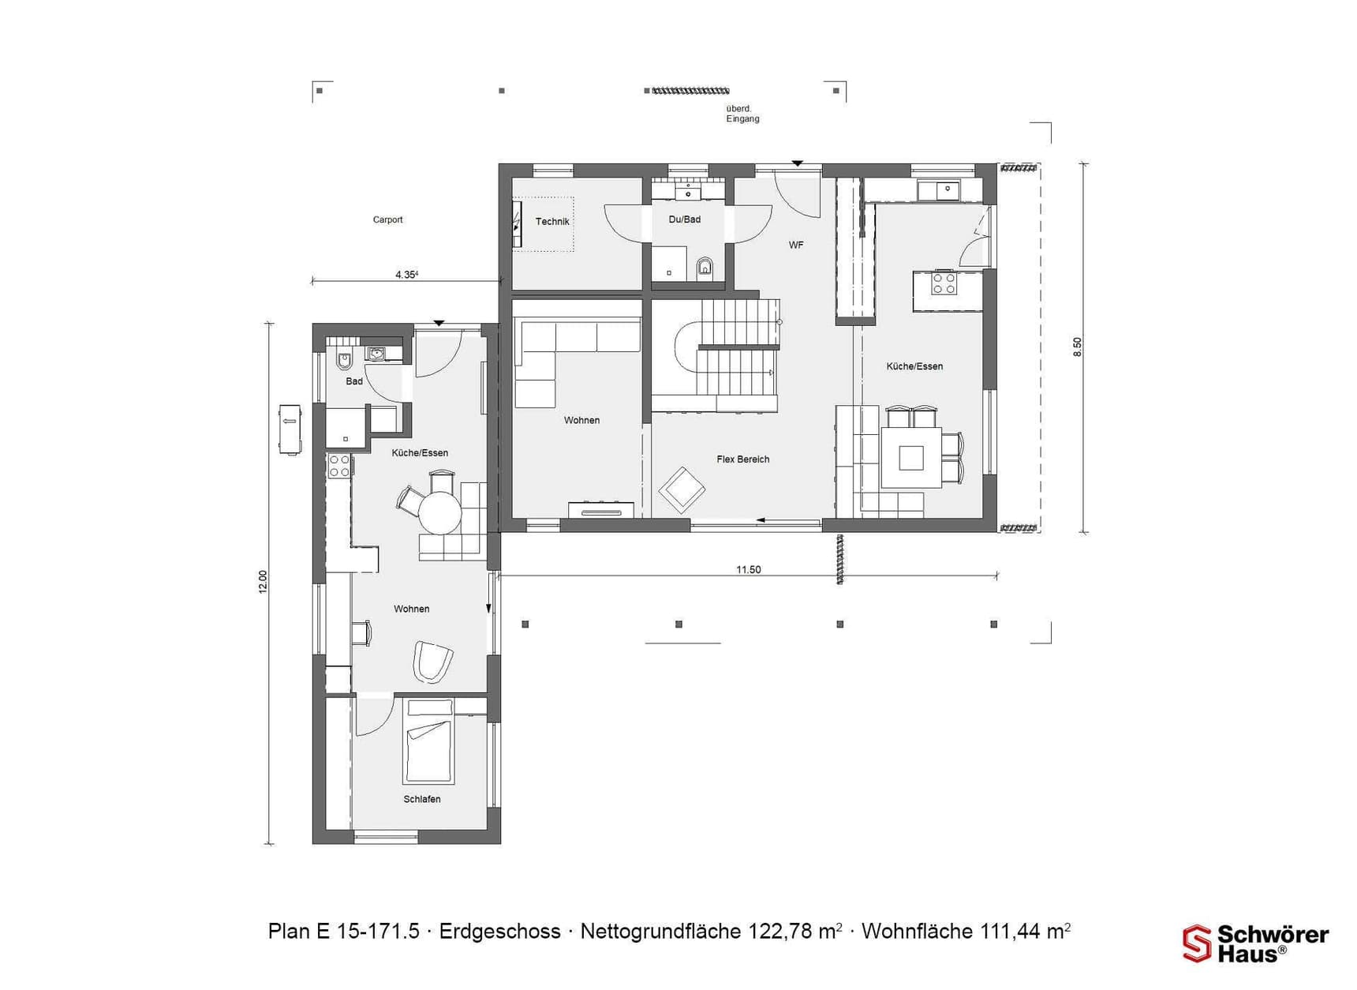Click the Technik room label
coord(552,222)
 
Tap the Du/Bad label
coord(684,219)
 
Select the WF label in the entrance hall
coord(796,246)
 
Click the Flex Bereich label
coord(742,459)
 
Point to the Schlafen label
coord(422,800)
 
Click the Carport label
coord(387,220)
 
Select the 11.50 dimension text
coord(748,570)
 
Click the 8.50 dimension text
coord(1078,347)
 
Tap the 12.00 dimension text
coord(264,582)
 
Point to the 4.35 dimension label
coord(406,275)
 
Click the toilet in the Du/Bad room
coord(705,268)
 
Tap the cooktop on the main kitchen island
coord(944,283)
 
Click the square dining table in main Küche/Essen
coord(911,458)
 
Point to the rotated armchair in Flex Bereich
coord(682,490)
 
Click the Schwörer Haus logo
coord(1254,943)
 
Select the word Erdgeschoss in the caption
coord(499,932)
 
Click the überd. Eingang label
coord(742,114)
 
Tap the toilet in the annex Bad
coord(344,361)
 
